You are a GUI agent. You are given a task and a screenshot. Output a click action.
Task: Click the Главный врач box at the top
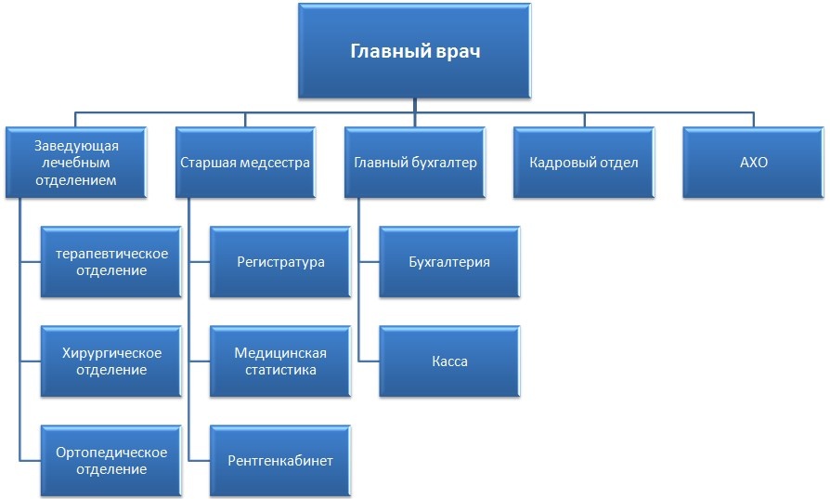pos(414,51)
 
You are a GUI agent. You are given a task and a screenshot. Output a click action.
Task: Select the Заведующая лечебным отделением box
pos(76,162)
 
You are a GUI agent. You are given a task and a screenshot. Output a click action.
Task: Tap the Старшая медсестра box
pos(245,162)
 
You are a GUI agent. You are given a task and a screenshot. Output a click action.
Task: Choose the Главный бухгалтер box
pos(415,162)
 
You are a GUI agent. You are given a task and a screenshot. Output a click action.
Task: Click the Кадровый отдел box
pos(584,162)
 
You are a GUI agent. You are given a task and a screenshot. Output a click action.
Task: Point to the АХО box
pos(753,162)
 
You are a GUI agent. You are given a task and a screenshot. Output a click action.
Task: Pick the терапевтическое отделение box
pos(111,262)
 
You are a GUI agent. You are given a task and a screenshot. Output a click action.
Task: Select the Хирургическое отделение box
pos(111,361)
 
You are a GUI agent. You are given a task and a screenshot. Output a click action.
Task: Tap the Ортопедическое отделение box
pos(111,460)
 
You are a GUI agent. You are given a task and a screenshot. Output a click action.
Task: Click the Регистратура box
pos(280,262)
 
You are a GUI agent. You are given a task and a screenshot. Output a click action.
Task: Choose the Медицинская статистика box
pos(280,361)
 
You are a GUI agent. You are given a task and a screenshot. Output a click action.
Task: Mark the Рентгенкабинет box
pos(280,460)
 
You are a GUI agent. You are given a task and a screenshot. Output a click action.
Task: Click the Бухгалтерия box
pos(449,262)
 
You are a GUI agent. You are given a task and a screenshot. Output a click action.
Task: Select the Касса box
pos(449,361)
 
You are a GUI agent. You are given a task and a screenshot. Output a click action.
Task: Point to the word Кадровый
pos(556,163)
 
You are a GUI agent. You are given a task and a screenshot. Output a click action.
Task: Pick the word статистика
pos(280,370)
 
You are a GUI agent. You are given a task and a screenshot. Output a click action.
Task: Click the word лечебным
pos(76,163)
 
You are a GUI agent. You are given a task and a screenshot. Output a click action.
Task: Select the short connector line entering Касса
pos(369,361)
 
